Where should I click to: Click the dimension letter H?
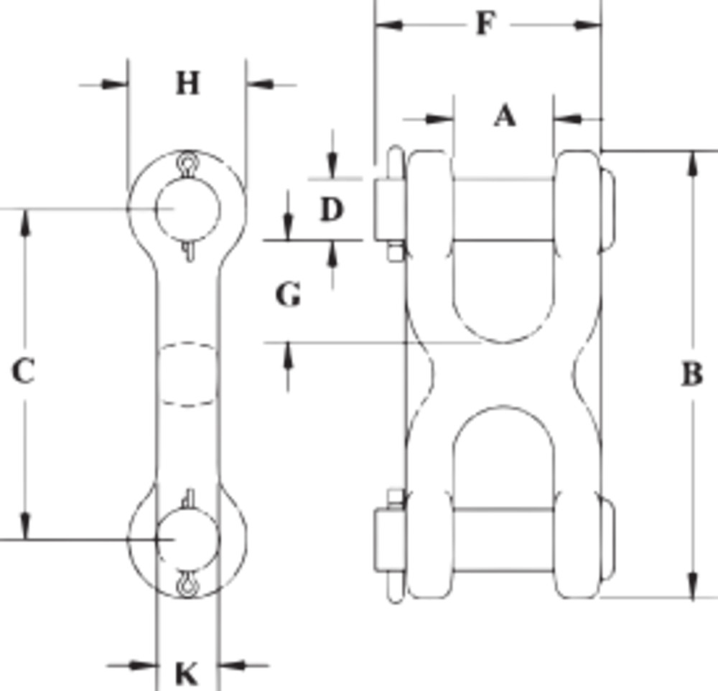[x=187, y=84]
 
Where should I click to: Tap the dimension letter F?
[x=486, y=24]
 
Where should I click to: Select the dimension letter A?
[x=505, y=116]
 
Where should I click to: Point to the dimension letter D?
[x=331, y=210]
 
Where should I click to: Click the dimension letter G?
[x=288, y=294]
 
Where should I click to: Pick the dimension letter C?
[x=23, y=372]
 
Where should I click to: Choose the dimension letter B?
[x=691, y=375]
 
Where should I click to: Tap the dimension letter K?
[x=187, y=674]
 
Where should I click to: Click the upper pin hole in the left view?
[x=187, y=208]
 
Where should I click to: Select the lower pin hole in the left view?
[x=187, y=538]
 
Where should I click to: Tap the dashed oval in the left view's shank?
[x=187, y=375]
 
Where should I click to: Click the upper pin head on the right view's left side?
[x=388, y=209]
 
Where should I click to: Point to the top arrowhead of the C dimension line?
[x=25, y=222]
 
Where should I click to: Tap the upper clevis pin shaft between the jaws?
[x=503, y=209]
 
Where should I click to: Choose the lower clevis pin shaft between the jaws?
[x=503, y=540]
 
